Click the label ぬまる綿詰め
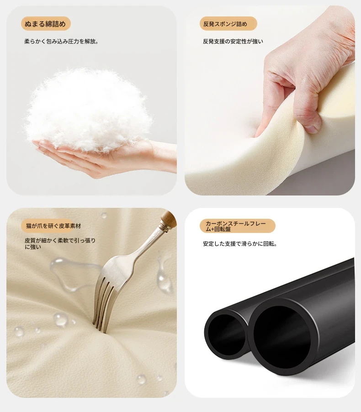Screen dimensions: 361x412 pyautogui.click(x=45, y=24)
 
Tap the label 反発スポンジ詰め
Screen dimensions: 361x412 pyautogui.click(x=225, y=24)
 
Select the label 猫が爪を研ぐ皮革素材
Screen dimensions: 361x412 pyautogui.click(x=53, y=226)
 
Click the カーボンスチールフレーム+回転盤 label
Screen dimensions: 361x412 pyautogui.click(x=236, y=226)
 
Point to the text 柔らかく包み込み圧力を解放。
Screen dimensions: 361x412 pyautogui.click(x=62, y=41)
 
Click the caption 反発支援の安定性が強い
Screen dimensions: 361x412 pyautogui.click(x=233, y=41)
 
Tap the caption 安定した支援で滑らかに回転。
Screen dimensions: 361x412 pyautogui.click(x=240, y=244)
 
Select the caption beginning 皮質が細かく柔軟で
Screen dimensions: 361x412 pyautogui.click(x=60, y=243)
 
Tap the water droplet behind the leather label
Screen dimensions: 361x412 pyautogui.click(x=104, y=216)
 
